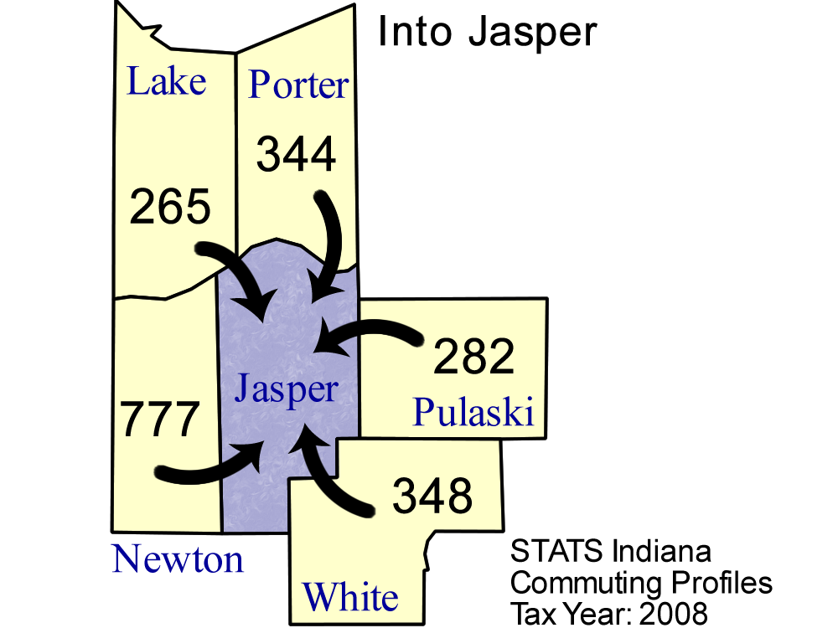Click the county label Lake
pos(166,81)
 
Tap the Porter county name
pos(299,85)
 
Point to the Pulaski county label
pos(473,411)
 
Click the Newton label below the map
pos(178,559)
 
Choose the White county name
pos(350,596)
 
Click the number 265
pos(170,207)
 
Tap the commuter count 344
pos(296,154)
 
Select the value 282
pos(473,356)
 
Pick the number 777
pos(160,419)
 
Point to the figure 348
pos(432,496)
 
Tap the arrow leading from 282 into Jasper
pos(369,327)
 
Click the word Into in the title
pos(416,32)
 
